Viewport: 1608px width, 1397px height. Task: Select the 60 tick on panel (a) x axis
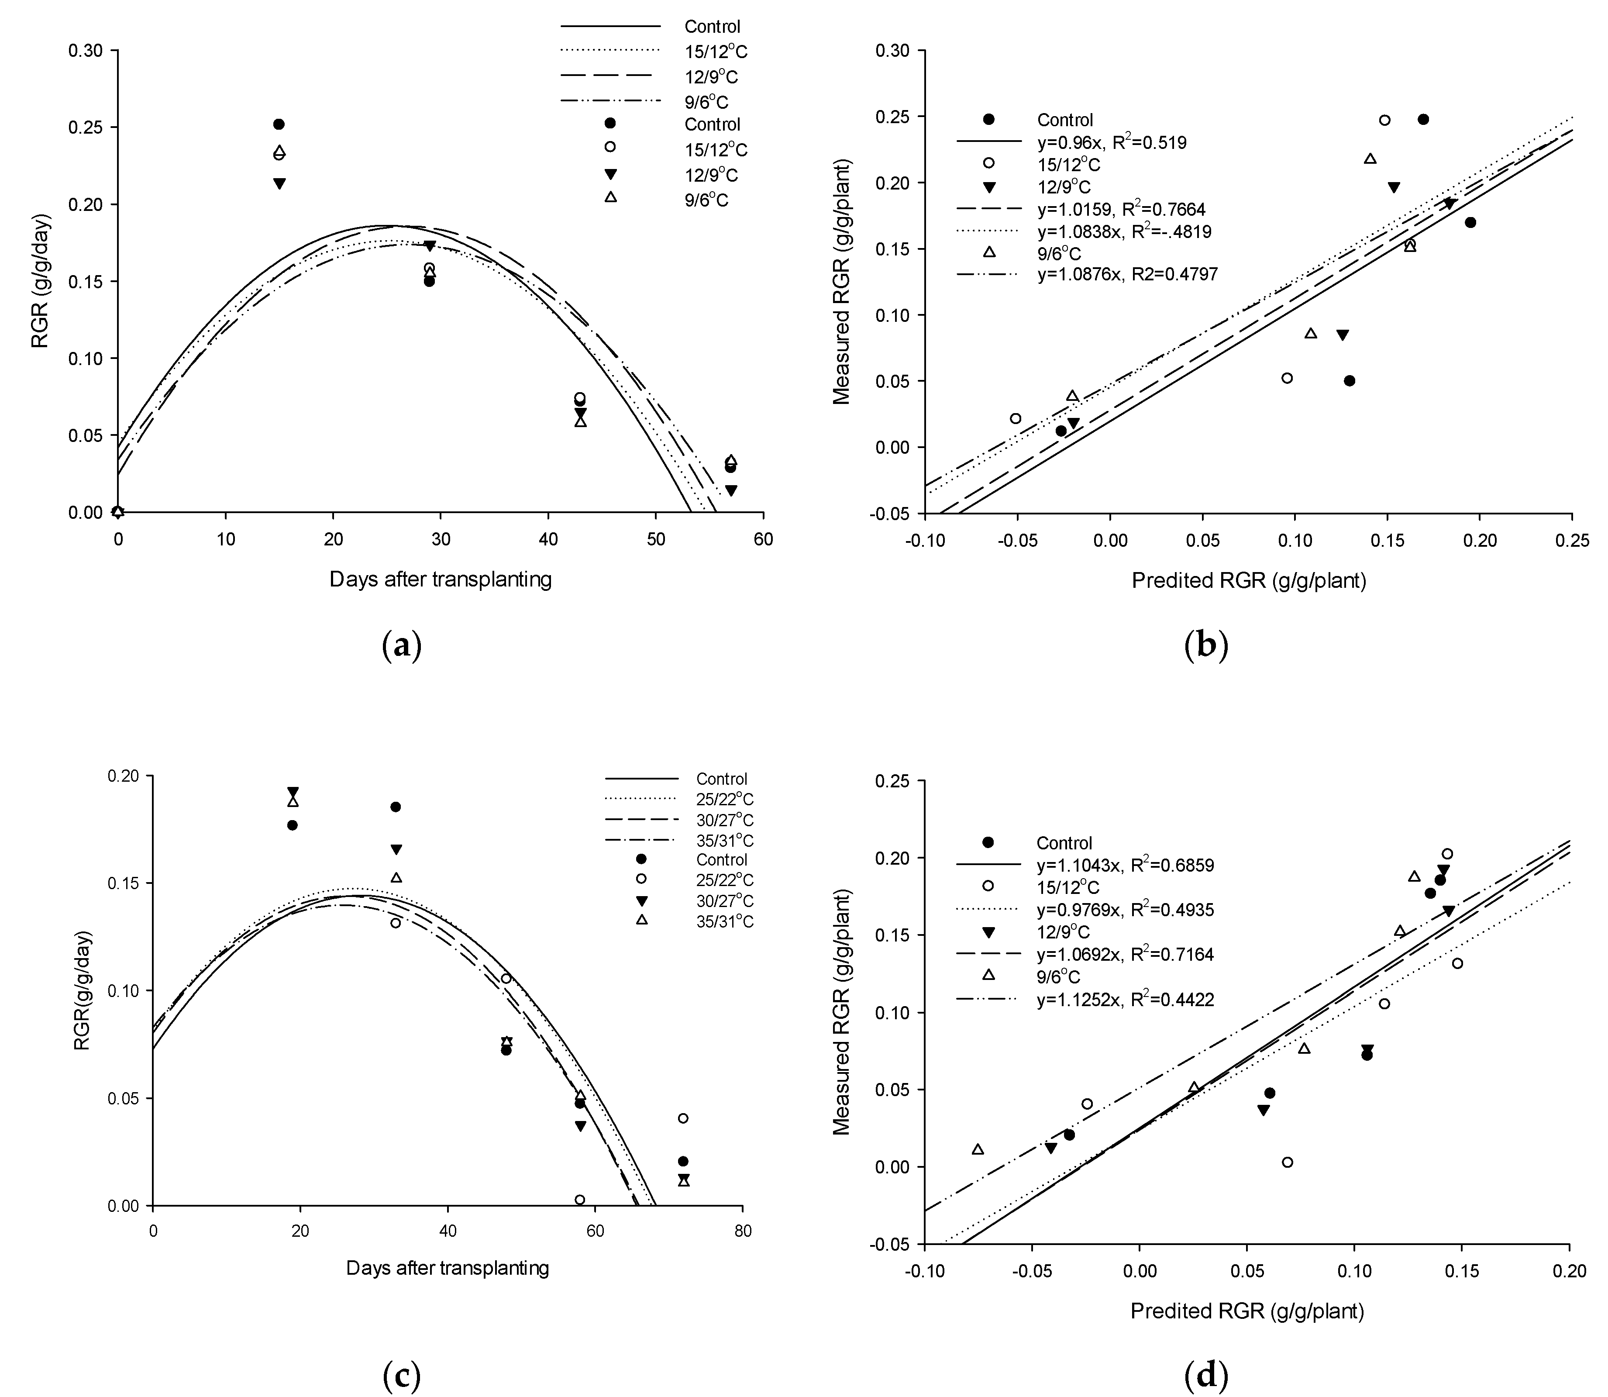point(763,539)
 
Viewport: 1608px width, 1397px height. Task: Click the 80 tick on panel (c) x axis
point(742,1232)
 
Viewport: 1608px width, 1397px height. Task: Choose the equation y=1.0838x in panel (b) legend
point(1124,231)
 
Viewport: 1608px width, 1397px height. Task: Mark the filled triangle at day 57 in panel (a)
point(730,490)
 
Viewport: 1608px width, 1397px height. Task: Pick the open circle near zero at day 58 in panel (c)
point(580,1199)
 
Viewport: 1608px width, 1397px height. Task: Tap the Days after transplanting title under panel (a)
point(441,579)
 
